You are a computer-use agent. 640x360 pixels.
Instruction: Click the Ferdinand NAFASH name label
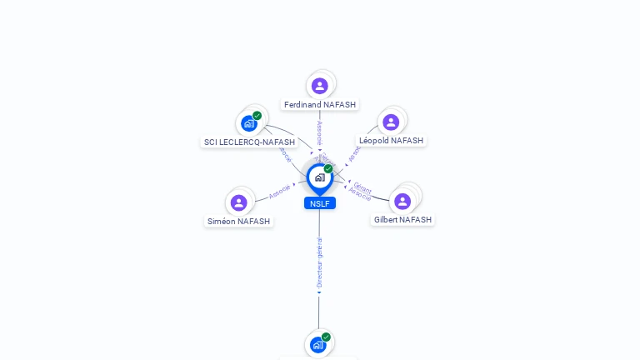point(320,105)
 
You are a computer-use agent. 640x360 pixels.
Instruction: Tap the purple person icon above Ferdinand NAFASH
point(320,86)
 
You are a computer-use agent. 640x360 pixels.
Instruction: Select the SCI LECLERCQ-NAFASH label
point(249,142)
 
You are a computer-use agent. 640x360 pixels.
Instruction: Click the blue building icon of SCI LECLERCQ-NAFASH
point(248,123)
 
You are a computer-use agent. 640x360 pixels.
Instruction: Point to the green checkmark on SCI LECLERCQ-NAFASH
point(257,116)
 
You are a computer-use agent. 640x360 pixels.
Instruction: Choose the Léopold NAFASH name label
point(391,141)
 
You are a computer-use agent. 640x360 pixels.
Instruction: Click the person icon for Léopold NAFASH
point(391,122)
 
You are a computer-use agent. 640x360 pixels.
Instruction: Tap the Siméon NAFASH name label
point(238,222)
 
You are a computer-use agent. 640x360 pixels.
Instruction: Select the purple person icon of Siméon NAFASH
point(239,202)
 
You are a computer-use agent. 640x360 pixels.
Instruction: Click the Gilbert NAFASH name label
point(402,220)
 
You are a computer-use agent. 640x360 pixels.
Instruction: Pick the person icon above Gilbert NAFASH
point(402,201)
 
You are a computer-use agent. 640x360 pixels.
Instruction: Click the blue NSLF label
point(320,203)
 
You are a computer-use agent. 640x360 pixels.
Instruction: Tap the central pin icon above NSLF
point(319,177)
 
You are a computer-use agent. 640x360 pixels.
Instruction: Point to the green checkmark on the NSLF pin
point(328,169)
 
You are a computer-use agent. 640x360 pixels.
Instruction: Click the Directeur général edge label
point(320,262)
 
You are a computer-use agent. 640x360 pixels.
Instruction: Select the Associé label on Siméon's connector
point(279,192)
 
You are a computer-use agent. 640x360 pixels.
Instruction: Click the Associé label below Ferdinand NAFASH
point(319,133)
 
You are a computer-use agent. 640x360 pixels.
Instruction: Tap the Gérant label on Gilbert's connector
point(362,187)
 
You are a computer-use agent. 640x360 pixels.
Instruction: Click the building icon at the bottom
point(317,344)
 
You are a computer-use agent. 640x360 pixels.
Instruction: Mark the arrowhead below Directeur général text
point(319,292)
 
